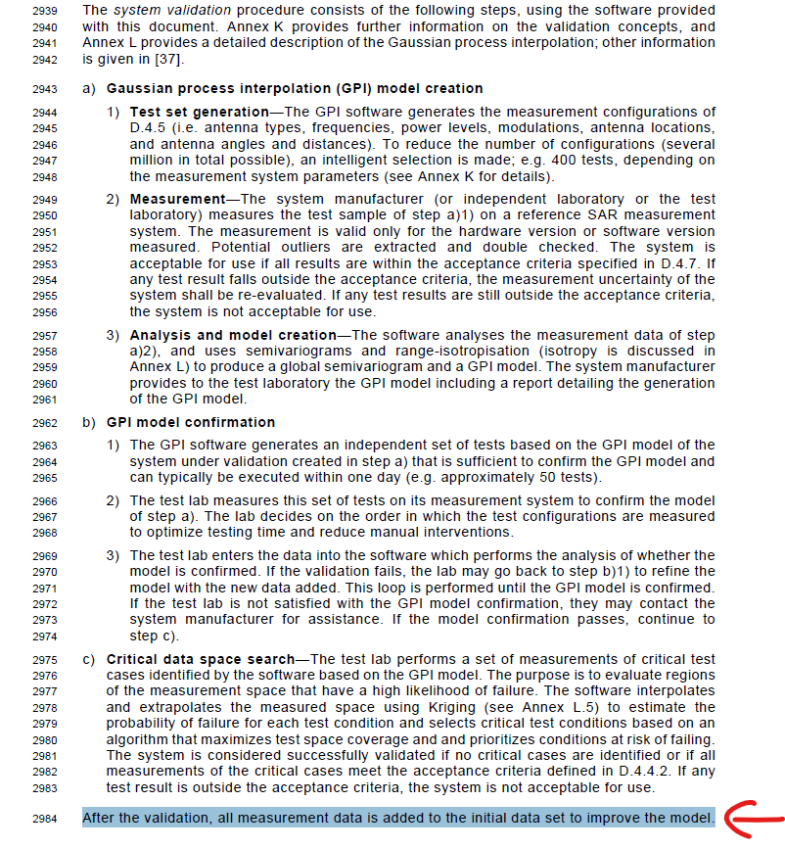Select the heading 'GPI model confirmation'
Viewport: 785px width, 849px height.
(191, 423)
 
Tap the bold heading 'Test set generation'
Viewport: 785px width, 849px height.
(199, 113)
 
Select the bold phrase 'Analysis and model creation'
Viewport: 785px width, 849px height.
(232, 335)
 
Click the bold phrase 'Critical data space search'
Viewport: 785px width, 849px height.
(201, 660)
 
